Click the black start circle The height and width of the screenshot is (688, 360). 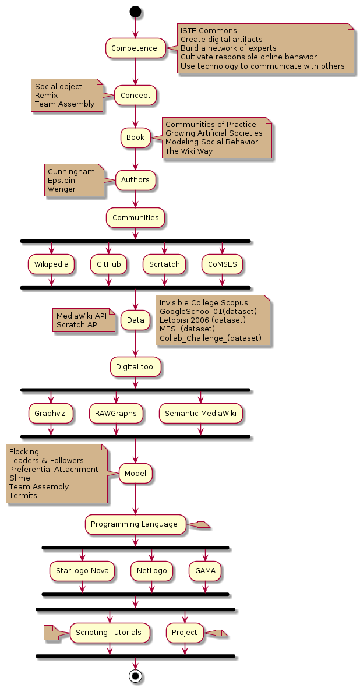[135, 11]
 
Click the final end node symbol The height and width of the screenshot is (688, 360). [135, 676]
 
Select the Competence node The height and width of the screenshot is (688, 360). [135, 48]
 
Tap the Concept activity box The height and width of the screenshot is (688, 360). [135, 95]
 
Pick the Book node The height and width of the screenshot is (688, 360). [135, 137]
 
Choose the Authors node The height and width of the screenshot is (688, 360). [135, 180]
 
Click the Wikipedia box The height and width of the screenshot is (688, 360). [51, 264]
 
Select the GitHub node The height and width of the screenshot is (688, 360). [108, 264]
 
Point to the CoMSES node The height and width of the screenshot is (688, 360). [222, 264]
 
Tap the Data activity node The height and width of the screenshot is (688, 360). [135, 320]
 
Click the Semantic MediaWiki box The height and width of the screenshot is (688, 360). [200, 414]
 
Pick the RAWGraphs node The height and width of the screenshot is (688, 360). [116, 414]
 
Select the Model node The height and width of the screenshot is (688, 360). [135, 474]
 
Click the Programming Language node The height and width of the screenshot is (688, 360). [135, 524]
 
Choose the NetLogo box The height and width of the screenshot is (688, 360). [151, 571]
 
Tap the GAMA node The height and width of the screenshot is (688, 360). [205, 571]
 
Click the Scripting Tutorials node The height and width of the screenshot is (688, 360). [109, 633]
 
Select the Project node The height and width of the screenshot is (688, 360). [185, 633]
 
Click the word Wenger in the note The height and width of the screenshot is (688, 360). [62, 189]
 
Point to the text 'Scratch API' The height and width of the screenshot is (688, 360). [77, 324]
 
